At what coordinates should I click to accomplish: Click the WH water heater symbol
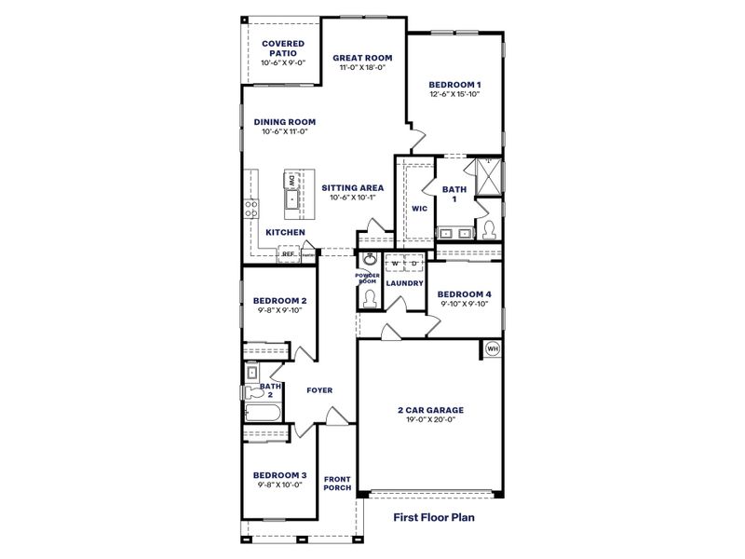(493, 350)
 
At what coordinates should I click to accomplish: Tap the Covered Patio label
(283, 48)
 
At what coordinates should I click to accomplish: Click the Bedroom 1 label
(455, 86)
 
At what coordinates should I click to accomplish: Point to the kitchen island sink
(291, 198)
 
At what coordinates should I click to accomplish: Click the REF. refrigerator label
(289, 253)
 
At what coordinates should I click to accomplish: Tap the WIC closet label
(419, 209)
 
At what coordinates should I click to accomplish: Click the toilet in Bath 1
(488, 228)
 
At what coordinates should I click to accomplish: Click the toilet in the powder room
(369, 297)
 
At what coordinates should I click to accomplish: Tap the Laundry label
(405, 282)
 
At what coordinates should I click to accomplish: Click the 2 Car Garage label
(429, 409)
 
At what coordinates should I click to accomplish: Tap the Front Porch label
(336, 483)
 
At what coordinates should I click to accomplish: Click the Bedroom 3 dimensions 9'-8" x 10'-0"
(278, 484)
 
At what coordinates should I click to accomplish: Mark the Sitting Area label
(353, 187)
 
